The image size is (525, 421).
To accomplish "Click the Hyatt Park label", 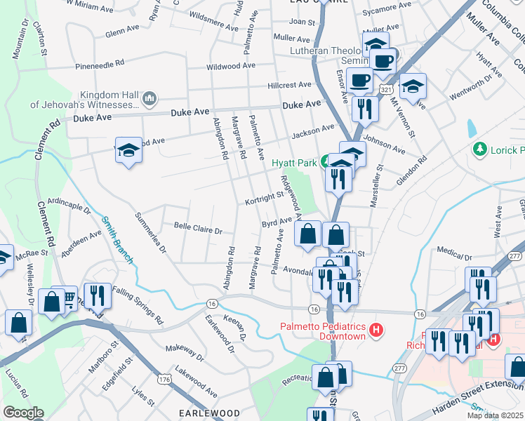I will [295, 163].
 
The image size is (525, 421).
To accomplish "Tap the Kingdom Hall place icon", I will [149, 100].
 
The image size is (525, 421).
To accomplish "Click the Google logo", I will [23, 413].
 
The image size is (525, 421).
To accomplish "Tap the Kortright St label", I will [263, 200].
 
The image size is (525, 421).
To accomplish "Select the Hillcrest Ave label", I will [288, 85].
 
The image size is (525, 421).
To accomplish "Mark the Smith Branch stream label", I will [117, 239].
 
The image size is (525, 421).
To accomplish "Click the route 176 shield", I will [164, 379].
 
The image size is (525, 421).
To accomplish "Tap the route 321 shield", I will [386, 91].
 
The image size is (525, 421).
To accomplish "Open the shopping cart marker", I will [69, 300].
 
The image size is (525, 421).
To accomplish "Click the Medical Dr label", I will [453, 250].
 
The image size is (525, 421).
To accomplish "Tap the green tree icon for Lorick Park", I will [480, 149].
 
